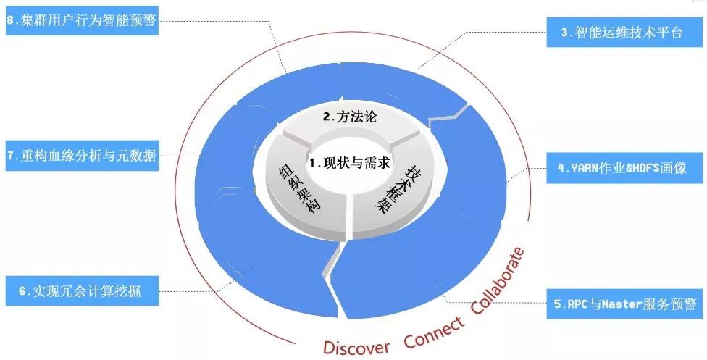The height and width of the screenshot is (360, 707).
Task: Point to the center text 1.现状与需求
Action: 350,163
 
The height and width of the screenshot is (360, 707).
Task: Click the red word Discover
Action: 356,345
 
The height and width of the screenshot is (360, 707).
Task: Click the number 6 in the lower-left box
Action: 22,292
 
